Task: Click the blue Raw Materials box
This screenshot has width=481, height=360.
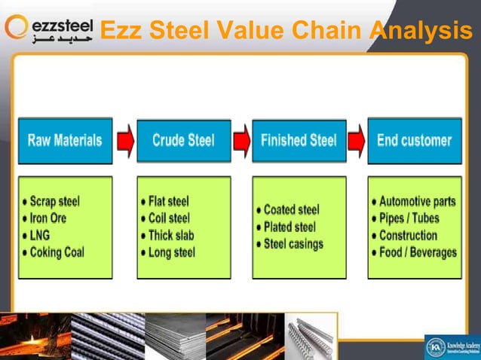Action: pos(65,140)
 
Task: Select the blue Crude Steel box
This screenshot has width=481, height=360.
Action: pos(183,140)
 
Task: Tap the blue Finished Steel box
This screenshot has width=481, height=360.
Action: pos(299,140)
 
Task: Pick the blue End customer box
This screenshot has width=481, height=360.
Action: pos(414,140)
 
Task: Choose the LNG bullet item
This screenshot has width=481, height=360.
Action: pos(41,235)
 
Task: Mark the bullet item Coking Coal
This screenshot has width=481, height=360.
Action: pos(57,252)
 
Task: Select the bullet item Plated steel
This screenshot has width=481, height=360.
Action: pos(291,227)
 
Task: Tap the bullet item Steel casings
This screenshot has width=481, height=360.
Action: pos(293,244)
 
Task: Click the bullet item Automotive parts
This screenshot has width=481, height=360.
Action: pos(417,202)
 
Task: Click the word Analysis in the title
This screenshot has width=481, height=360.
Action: pos(421,32)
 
